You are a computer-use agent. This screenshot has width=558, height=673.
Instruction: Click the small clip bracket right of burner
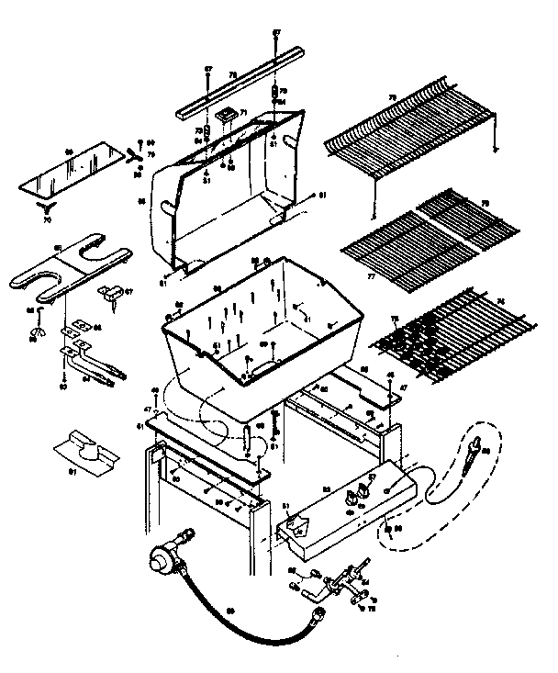tap(112, 294)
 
